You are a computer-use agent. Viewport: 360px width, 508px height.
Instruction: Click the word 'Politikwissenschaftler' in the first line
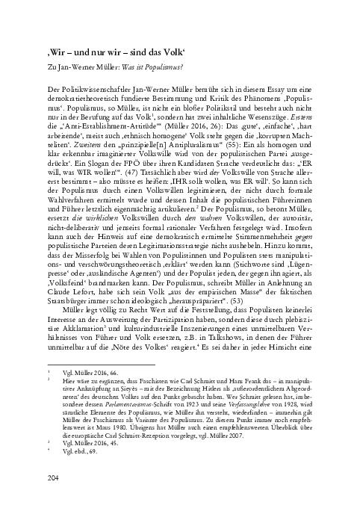coord(91,88)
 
